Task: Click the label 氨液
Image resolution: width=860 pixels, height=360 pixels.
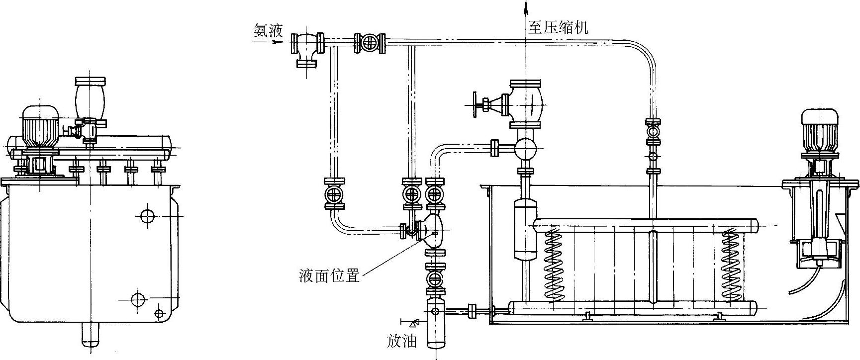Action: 268,31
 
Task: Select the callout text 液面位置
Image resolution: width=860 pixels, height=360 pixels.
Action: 329,275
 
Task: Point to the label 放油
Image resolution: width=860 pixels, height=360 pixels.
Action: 401,342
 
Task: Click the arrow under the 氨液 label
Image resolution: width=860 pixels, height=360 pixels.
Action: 271,42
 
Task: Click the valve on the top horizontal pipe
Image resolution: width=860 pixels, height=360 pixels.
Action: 370,43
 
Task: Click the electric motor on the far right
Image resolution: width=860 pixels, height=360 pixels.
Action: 819,130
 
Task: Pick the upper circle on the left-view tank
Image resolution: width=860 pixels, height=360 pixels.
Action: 148,216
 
